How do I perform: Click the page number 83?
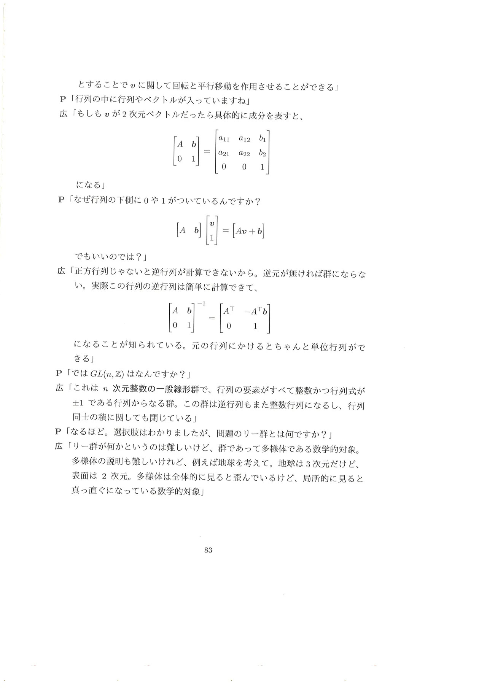point(208,550)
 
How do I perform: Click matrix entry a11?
point(224,139)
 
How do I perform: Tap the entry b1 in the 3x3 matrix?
point(263,139)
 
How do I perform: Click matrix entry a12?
point(244,139)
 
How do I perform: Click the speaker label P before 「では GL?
point(58,373)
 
